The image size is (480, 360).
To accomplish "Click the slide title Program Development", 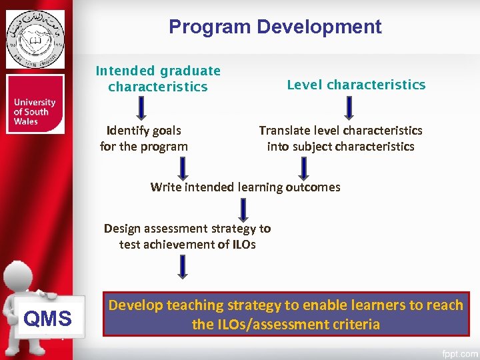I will pyautogui.click(x=275, y=27).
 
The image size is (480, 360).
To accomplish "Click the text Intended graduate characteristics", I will pyautogui.click(x=158, y=79).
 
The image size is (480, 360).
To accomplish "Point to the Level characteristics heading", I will pyautogui.click(x=355, y=85).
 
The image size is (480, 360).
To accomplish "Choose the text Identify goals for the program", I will pyautogui.click(x=143, y=138).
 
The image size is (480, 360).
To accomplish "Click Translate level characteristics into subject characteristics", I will pyautogui.click(x=340, y=138).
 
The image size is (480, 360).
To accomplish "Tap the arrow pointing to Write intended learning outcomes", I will pyautogui.click(x=304, y=168).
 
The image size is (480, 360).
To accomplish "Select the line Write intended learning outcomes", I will pyautogui.click(x=245, y=187).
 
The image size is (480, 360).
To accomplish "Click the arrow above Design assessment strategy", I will pyautogui.click(x=243, y=209).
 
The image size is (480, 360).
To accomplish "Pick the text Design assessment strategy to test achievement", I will pyautogui.click(x=187, y=236).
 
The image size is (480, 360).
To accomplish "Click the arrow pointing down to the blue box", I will pyautogui.click(x=182, y=267).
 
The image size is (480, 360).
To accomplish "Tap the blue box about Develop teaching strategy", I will pyautogui.click(x=285, y=314).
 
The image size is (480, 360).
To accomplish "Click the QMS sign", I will pyautogui.click(x=47, y=319).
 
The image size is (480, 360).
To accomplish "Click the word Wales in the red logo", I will pyautogui.click(x=26, y=122).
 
